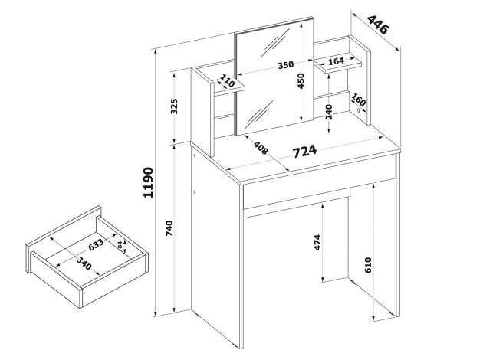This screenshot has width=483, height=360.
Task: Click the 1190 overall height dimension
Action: [148, 183]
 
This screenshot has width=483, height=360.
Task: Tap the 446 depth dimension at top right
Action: [378, 25]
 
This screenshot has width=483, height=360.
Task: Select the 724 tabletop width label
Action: [304, 151]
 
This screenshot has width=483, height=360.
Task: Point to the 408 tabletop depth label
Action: [261, 147]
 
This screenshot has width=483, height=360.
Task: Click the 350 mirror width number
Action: [285, 65]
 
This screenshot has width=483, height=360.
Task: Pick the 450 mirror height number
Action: [301, 81]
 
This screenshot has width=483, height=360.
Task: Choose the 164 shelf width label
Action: [336, 61]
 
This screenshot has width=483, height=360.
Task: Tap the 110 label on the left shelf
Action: [228, 81]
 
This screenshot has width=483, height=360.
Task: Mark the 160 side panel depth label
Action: [358, 100]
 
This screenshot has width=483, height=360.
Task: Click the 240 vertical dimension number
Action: [329, 112]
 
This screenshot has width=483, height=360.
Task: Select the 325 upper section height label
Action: [174, 106]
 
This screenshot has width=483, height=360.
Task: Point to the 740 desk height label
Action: [169, 228]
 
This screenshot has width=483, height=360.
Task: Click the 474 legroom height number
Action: [317, 243]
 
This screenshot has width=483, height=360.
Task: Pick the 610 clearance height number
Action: [368, 265]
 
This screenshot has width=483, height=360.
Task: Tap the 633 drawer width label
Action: [96, 244]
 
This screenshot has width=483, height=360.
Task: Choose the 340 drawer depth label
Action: [84, 263]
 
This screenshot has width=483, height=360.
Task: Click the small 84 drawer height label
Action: [120, 245]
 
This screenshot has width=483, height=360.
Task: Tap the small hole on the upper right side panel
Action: [359, 110]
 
